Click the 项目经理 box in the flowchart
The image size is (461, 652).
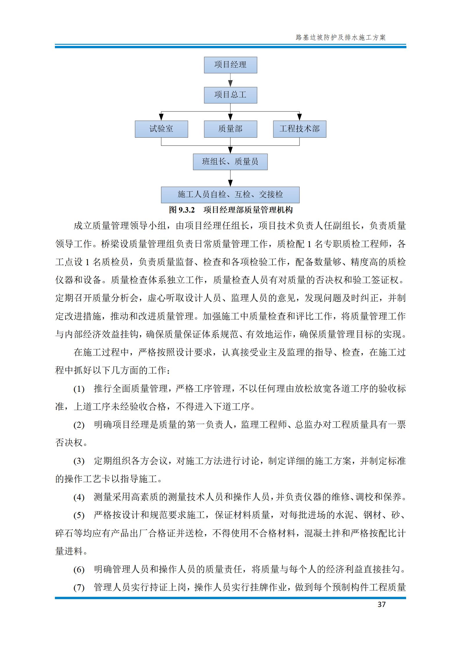coord(230,65)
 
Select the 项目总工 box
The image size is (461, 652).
coord(230,95)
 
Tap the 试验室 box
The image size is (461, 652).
coord(161,129)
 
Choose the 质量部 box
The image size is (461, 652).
coord(230,129)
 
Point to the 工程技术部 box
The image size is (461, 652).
coord(299,129)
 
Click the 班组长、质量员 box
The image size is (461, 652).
coord(230,162)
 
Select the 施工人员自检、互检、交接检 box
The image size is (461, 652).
coord(230,195)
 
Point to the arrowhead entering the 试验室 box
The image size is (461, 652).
coord(161,118)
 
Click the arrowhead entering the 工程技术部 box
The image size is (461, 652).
coord(299,118)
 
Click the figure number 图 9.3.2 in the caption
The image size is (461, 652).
coord(182,210)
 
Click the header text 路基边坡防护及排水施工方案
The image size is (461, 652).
coord(340,37)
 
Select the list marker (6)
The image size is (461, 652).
coord(79,570)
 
